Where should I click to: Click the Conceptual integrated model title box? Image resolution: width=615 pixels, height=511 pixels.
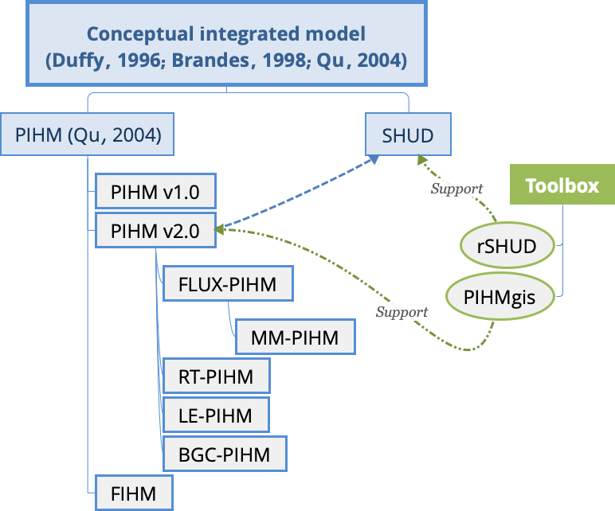click(x=227, y=46)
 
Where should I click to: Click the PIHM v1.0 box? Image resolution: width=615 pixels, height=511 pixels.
click(x=155, y=192)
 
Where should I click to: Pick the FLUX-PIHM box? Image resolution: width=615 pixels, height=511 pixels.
click(x=227, y=284)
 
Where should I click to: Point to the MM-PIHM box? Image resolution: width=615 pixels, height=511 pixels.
click(x=294, y=337)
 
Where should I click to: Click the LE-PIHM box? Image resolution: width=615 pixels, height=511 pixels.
click(x=215, y=415)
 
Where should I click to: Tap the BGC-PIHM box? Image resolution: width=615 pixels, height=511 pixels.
click(x=224, y=454)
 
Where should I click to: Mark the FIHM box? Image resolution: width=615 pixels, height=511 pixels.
click(x=133, y=493)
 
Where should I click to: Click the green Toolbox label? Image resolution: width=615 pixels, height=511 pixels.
click(x=562, y=186)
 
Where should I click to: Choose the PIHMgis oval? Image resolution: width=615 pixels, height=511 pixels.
click(x=499, y=298)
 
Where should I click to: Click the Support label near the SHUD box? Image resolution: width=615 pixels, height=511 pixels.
click(x=456, y=189)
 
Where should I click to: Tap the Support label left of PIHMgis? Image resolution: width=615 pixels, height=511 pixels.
click(x=402, y=312)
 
